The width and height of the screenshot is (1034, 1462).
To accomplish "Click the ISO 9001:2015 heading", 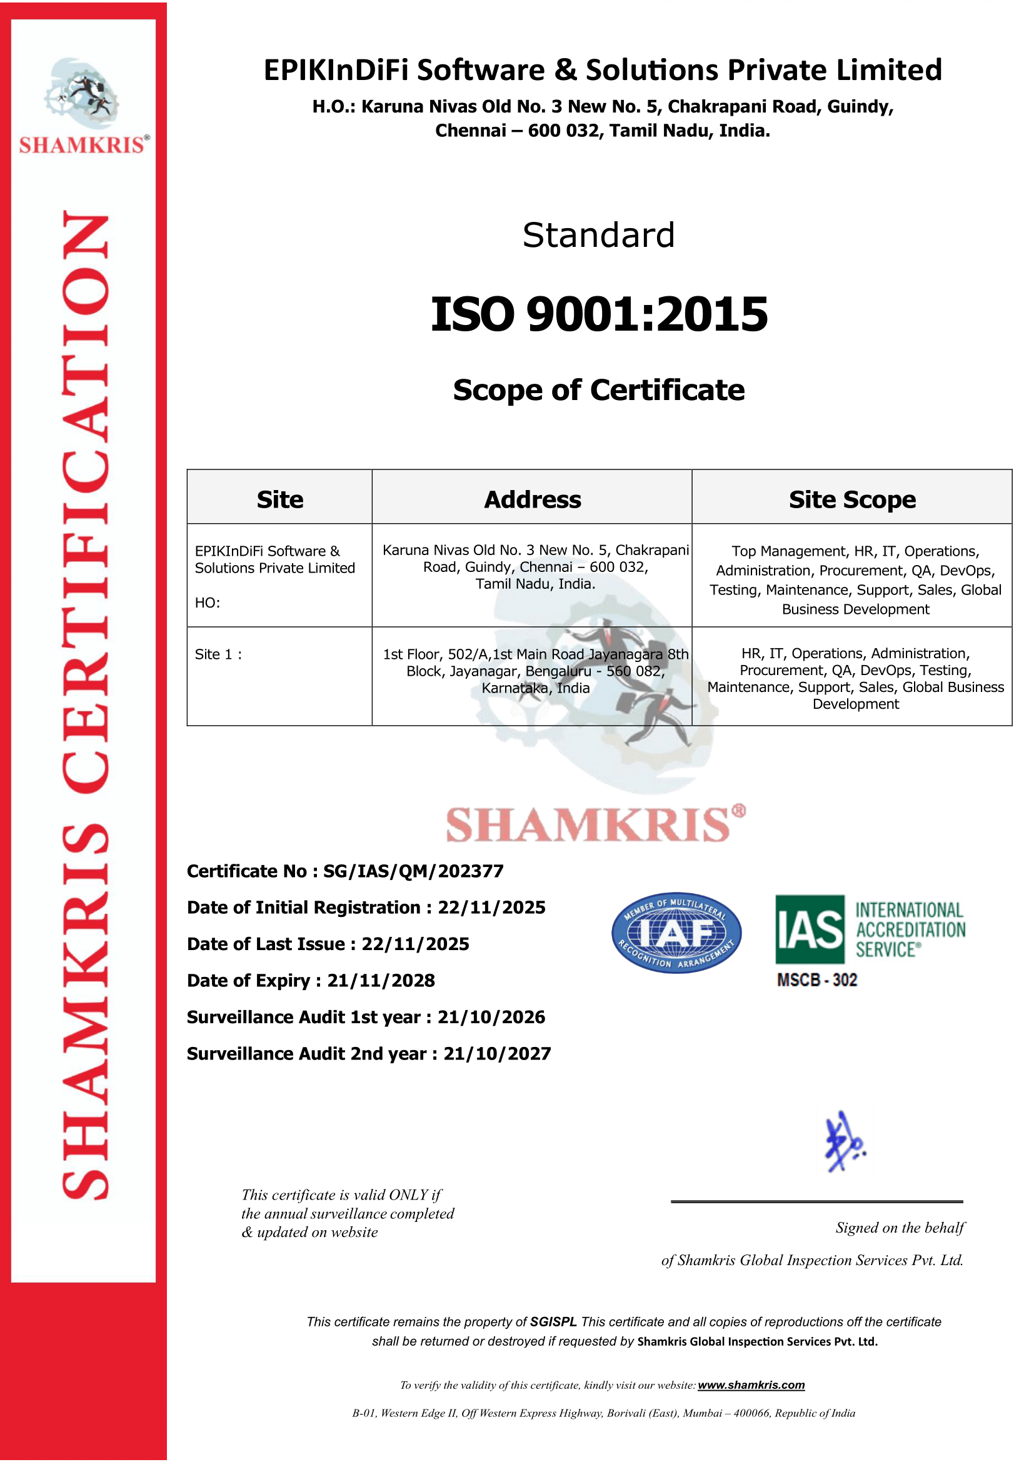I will coord(599,314).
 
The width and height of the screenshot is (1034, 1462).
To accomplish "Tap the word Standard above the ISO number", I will coord(598,236).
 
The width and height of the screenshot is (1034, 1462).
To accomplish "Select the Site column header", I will coord(279,500).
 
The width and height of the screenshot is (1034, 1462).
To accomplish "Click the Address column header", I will coord(532,500).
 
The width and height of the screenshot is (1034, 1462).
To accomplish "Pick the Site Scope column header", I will coord(852,500).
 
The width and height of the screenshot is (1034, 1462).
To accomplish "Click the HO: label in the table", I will coord(208,603).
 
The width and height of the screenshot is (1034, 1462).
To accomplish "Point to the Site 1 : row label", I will coord(218,654).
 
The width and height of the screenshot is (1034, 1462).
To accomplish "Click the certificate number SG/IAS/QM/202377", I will coord(413,871).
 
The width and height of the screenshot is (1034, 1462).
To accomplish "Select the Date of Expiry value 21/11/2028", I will coord(381,981).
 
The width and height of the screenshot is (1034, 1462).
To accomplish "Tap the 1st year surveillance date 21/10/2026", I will coord(491,1017).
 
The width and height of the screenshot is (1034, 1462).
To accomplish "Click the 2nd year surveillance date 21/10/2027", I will coord(496,1054).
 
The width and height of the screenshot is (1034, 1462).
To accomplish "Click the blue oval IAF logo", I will coord(676,933).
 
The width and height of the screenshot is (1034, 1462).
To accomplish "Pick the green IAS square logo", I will coord(809,929).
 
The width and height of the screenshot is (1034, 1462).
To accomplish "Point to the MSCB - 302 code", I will coord(817,980).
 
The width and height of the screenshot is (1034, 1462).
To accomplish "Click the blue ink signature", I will coord(843,1143).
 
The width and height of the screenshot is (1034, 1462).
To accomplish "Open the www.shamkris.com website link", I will coord(751,1386).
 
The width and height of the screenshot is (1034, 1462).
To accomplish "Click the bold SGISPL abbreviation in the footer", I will coord(553,1322).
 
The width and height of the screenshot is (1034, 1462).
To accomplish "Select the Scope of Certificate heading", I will coord(598,390).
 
